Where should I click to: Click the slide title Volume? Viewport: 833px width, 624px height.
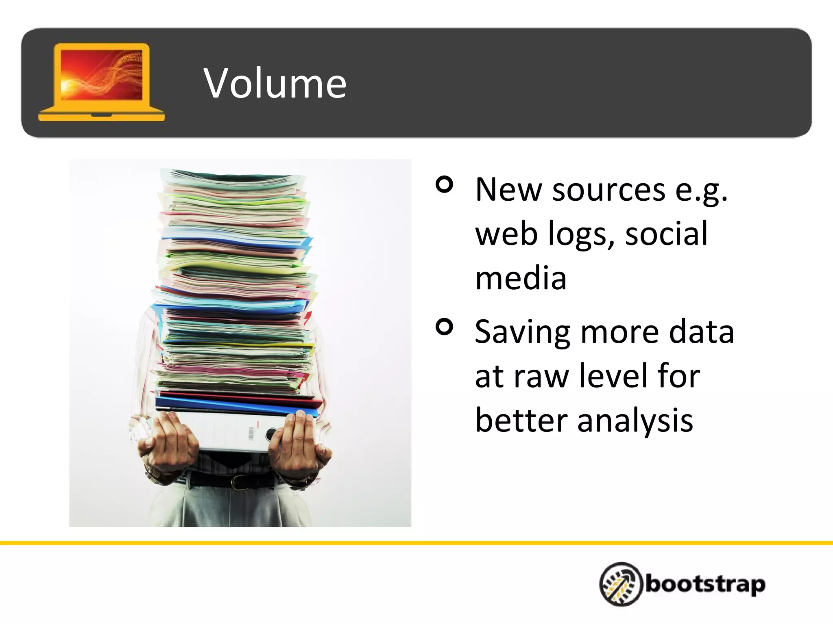point(275,84)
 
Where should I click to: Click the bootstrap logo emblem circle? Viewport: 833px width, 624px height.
point(621,584)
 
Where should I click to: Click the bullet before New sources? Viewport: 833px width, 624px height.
point(444,185)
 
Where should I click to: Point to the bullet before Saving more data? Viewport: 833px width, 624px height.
point(444,327)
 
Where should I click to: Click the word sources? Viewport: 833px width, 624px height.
point(608,190)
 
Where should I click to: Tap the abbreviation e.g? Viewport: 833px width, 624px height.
point(701,191)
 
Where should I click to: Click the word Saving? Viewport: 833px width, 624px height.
point(522,332)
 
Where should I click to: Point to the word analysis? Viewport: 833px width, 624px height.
point(635,421)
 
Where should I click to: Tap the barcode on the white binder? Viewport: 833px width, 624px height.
point(251,433)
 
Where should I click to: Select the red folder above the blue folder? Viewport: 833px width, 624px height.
point(240,398)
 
